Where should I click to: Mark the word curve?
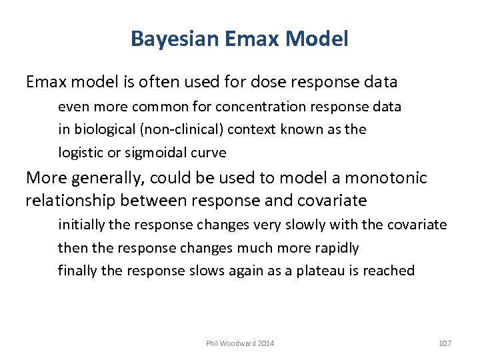[x=209, y=153]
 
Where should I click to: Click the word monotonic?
[x=393, y=178]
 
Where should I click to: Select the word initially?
[x=81, y=225]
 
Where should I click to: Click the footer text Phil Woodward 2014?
[x=240, y=343]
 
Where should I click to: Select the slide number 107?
[x=445, y=343]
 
